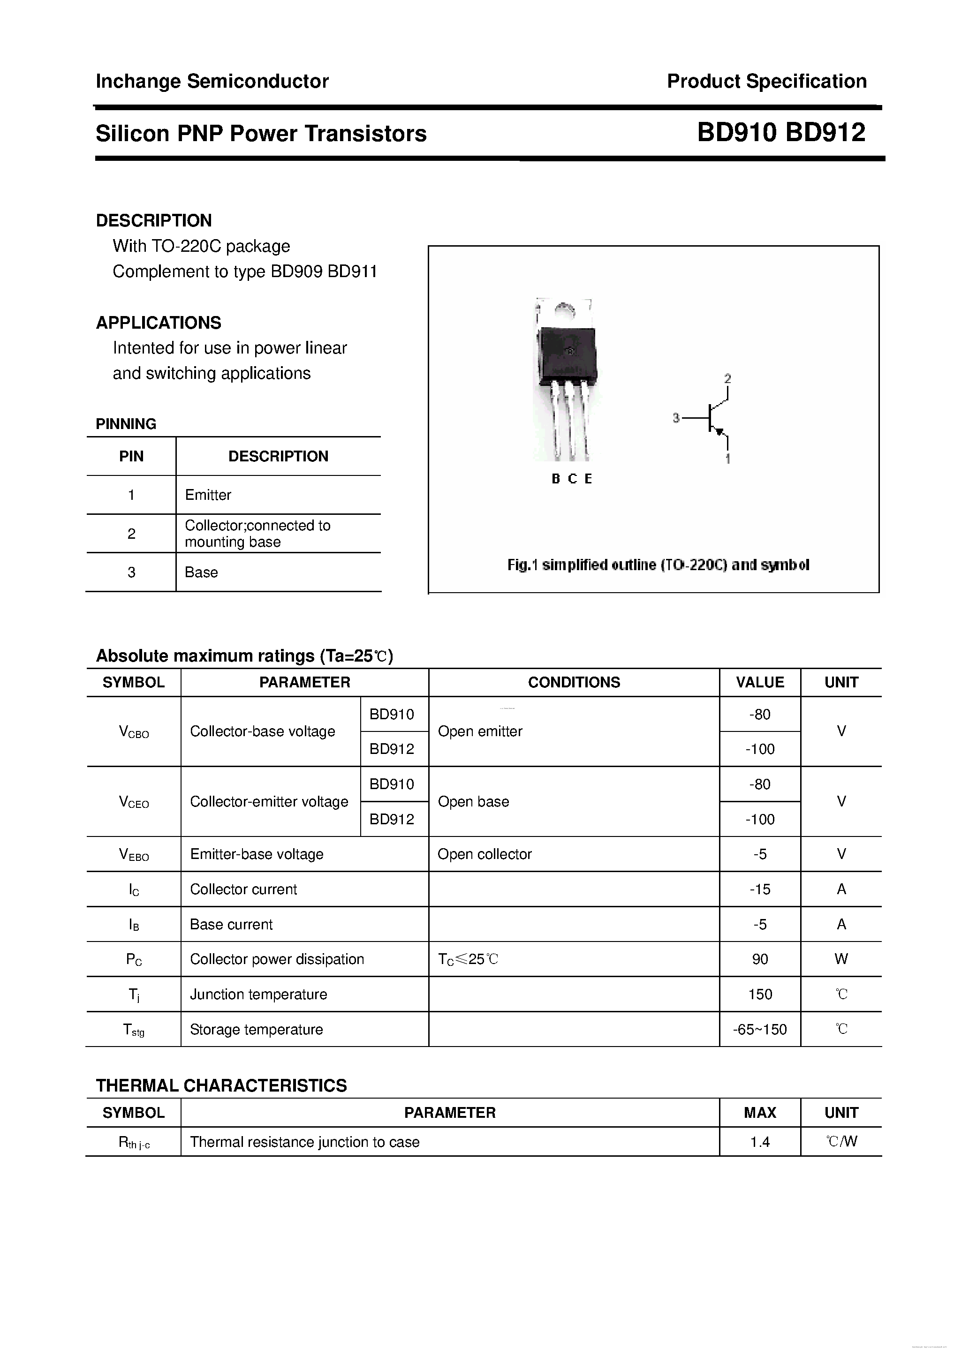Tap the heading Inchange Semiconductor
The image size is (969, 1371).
(212, 81)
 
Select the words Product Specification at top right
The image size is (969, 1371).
(766, 81)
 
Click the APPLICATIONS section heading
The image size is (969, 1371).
(159, 323)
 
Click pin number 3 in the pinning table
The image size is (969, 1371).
(131, 572)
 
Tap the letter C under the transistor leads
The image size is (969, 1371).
(572, 479)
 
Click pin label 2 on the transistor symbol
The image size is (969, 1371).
(727, 378)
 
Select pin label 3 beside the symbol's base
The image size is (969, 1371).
(676, 418)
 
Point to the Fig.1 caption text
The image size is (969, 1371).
(658, 565)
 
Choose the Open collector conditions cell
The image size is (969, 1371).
(484, 854)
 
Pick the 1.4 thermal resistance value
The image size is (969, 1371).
(760, 1142)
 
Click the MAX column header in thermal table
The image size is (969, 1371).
(760, 1113)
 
